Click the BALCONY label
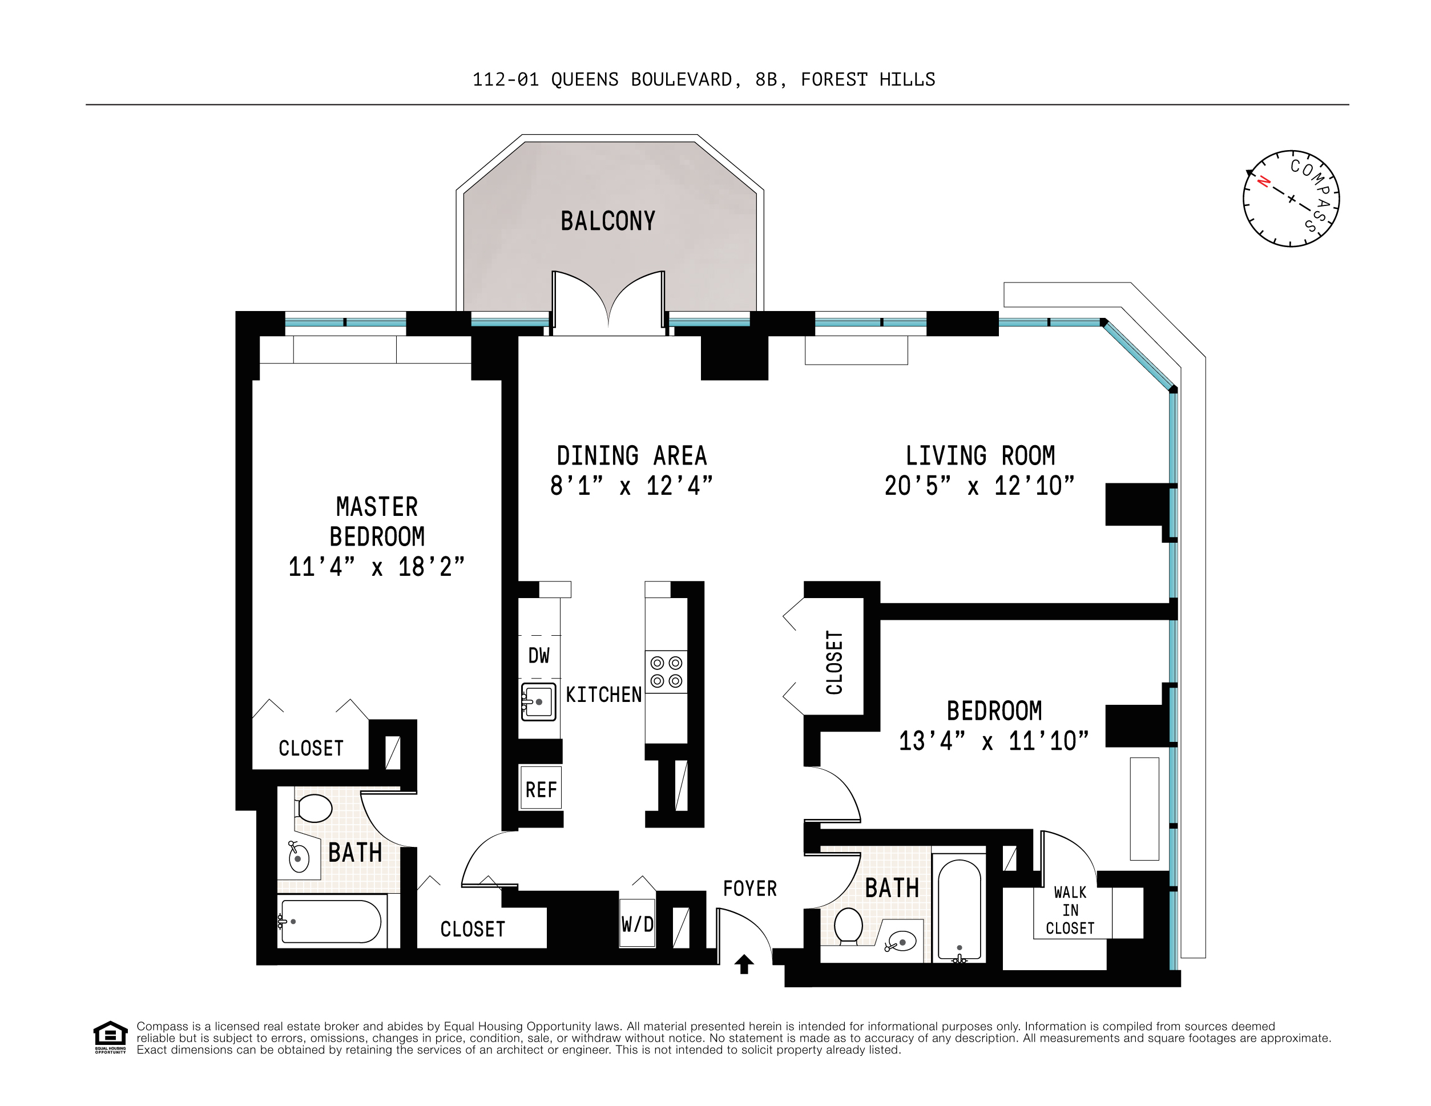tap(607, 221)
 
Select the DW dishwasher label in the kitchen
tap(539, 656)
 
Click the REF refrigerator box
tap(541, 789)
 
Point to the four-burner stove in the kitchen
tap(666, 672)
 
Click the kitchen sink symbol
tap(538, 702)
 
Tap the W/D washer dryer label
tap(637, 925)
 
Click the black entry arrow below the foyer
tap(744, 964)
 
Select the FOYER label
tap(749, 889)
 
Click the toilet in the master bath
tap(314, 808)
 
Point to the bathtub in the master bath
tap(331, 921)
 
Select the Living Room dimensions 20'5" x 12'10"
tap(979, 486)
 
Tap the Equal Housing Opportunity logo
tap(110, 1036)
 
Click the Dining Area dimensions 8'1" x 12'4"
tap(630, 486)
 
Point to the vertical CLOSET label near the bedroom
tap(834, 663)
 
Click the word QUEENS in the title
tap(585, 80)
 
